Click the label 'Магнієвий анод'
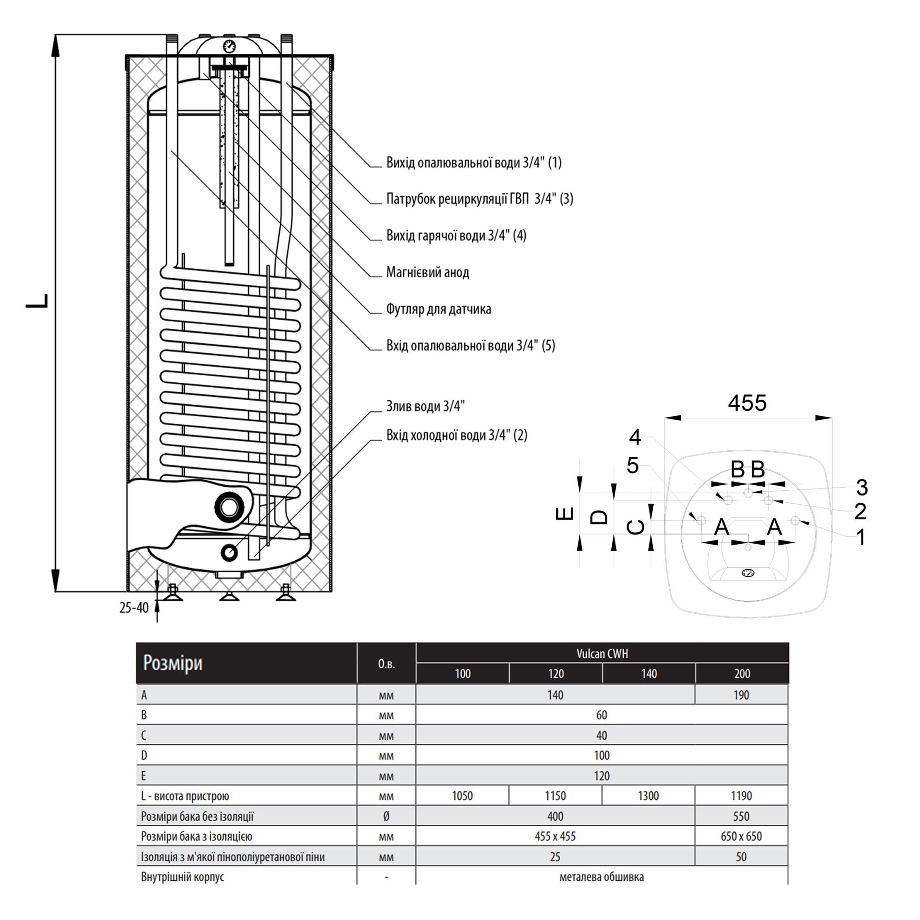(x=427, y=272)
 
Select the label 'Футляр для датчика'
(x=438, y=309)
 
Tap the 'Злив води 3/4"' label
(x=425, y=406)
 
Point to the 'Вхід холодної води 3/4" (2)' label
(x=456, y=435)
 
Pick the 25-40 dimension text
(x=134, y=608)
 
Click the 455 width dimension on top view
(x=747, y=403)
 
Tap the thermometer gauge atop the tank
(x=229, y=46)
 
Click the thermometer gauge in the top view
(x=748, y=573)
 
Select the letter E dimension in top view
(x=565, y=514)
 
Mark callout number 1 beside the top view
(x=861, y=538)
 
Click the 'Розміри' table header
(x=173, y=663)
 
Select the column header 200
(x=742, y=674)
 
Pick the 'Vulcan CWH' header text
(x=602, y=654)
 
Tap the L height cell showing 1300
(x=648, y=796)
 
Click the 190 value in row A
(x=741, y=695)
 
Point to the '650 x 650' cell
(x=741, y=836)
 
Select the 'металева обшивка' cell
(x=601, y=877)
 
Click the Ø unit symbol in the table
(x=386, y=816)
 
